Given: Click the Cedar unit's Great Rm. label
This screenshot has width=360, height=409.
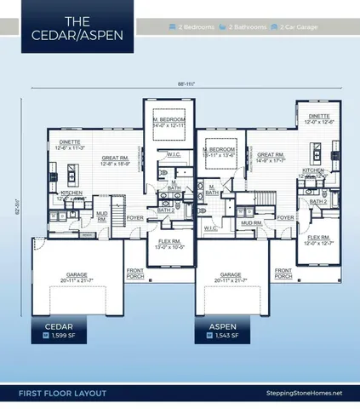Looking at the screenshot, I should point(114,158).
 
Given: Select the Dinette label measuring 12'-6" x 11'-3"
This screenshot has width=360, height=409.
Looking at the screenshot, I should point(65,145).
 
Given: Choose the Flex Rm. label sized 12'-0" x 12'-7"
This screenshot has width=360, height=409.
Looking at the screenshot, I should point(318,240).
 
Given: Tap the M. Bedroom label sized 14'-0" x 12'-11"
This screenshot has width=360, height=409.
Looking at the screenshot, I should point(170,123).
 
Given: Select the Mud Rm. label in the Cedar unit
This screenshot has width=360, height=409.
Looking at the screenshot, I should point(101,216).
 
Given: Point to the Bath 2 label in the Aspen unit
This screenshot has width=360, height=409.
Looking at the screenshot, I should point(318,201).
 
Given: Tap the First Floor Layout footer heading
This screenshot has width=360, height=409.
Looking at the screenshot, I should point(59,393).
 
